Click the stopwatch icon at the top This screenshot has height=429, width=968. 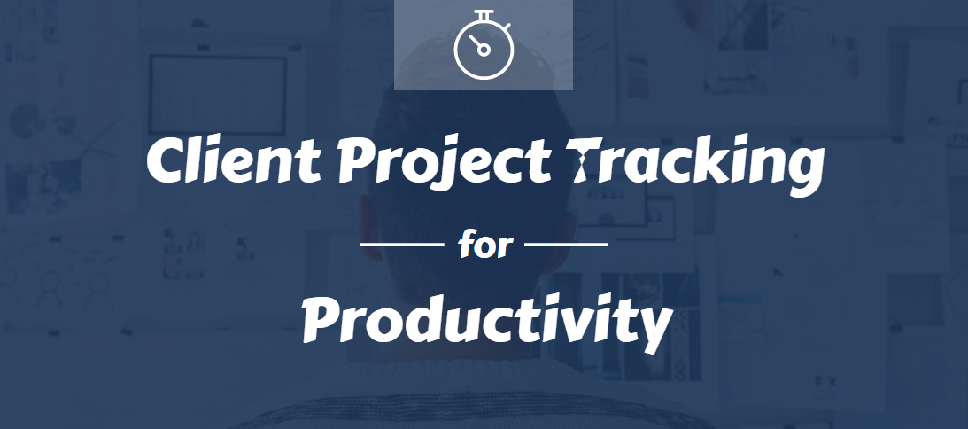click(484, 45)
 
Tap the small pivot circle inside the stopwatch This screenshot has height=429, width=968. click(484, 50)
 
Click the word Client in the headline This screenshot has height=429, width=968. click(234, 159)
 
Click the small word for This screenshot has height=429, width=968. click(484, 245)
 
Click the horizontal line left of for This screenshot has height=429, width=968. click(402, 245)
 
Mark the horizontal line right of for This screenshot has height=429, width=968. click(566, 245)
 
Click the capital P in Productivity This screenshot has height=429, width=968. click(323, 319)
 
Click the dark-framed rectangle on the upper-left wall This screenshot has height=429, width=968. click(217, 95)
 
